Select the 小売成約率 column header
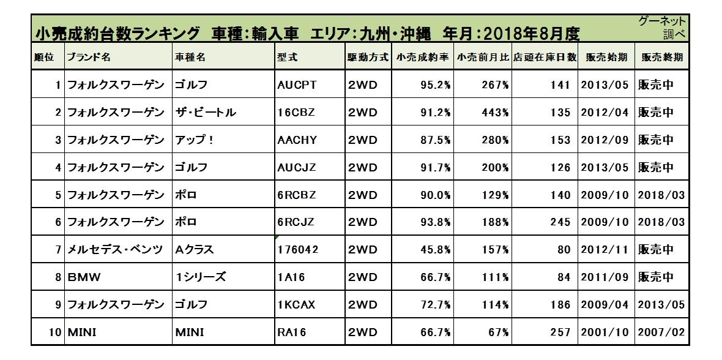tap(422, 57)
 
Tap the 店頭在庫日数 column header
tap(545, 57)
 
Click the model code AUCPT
tap(297, 85)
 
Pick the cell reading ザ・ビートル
tap(206, 113)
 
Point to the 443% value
tap(494, 113)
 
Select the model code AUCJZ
tap(297, 168)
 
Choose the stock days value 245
tap(560, 222)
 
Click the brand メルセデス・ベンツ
tap(114, 250)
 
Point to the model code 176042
tap(298, 250)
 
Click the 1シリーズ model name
tap(201, 277)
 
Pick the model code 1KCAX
tap(297, 305)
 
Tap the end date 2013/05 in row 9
tap(661, 305)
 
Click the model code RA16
tap(291, 332)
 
